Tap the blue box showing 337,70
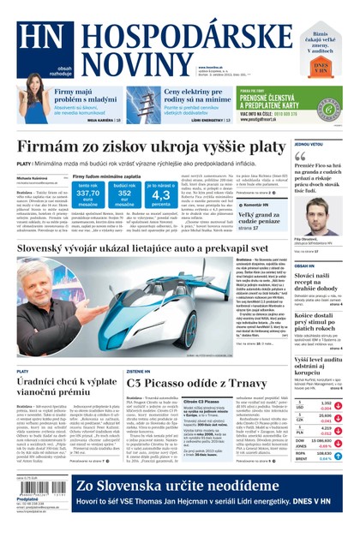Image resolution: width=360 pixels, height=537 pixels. click(x=87, y=194)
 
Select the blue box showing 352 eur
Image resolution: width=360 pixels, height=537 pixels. click(x=123, y=194)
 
